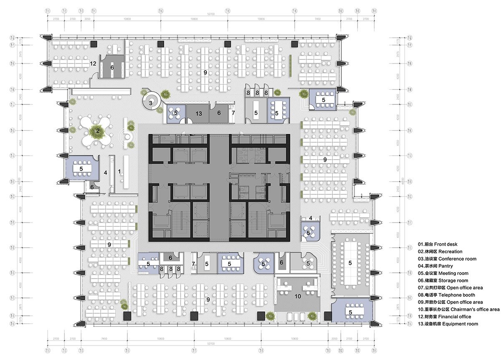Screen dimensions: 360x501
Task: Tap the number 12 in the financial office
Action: point(94,64)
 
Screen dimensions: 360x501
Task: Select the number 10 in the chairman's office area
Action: point(297,297)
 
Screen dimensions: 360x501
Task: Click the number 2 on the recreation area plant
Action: point(98,131)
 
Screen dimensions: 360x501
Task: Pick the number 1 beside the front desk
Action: point(119,171)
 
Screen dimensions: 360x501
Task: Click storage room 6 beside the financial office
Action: point(112,67)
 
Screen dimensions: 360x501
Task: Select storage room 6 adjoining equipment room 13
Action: point(218,113)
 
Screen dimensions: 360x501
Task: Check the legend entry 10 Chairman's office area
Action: point(458,309)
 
